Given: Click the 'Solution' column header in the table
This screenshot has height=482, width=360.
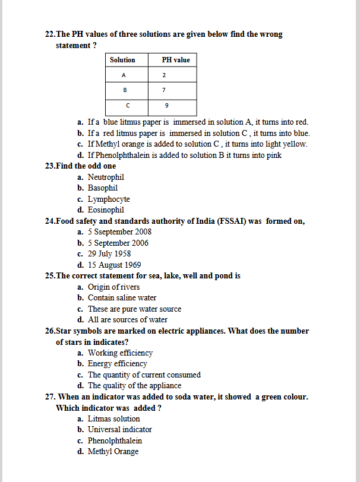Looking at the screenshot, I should click(122, 60).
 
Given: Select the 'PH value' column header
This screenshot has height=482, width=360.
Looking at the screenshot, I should click(176, 60).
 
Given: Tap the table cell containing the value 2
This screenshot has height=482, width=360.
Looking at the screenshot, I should click(163, 75).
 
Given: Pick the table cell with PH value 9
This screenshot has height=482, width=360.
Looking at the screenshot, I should click(166, 106).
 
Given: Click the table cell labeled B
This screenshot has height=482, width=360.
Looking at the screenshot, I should click(124, 90).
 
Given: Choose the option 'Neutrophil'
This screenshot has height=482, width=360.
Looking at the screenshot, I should click(106, 177).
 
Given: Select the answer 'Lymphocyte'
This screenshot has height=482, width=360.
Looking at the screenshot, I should click(109, 199).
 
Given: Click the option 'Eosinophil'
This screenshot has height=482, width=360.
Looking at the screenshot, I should click(106, 210).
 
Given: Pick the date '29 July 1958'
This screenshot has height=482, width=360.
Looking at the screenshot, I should click(109, 253).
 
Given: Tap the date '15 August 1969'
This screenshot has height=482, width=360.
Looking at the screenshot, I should click(114, 265).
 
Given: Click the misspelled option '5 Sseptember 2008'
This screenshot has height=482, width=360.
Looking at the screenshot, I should click(119, 232).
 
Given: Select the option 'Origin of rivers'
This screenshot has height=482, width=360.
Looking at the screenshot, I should click(113, 287).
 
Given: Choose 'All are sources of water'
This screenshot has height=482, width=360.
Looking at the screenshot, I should click(127, 319).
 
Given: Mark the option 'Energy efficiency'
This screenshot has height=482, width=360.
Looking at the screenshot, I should click(117, 363).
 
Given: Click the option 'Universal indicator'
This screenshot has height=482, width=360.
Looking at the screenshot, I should click(119, 429).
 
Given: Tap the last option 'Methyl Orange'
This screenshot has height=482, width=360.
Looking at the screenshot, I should click(113, 451).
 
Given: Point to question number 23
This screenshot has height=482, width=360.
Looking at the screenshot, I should click(50, 166).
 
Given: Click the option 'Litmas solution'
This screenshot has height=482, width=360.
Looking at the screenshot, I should click(113, 418).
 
